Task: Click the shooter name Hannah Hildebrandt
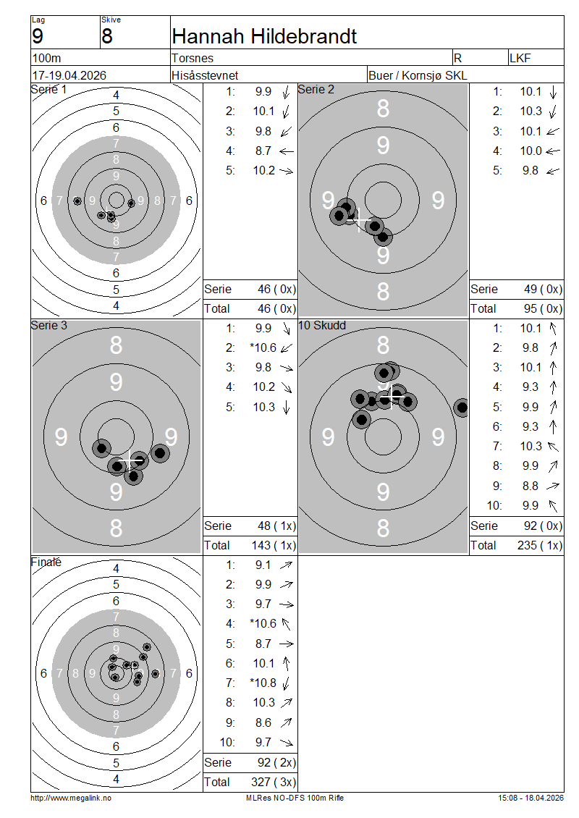(264, 36)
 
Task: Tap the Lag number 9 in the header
(38, 36)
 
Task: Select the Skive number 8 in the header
(107, 36)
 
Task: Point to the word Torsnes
(193, 58)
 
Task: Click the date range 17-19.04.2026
(69, 75)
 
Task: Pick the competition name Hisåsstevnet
(205, 75)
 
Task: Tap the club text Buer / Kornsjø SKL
(418, 75)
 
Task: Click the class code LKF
(520, 58)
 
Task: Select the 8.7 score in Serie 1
(263, 151)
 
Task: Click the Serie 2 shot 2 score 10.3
(531, 111)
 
